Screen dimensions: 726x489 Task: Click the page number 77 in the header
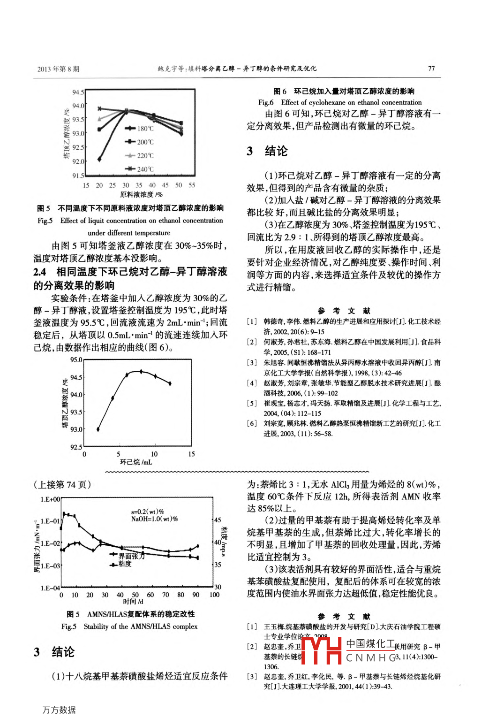pyautogui.click(x=431, y=69)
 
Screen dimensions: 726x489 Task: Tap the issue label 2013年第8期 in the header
pyautogui.click(x=59, y=69)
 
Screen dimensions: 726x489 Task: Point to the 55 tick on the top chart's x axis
pyautogui.click(x=192, y=185)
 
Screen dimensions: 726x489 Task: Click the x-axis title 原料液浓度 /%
pyautogui.click(x=141, y=194)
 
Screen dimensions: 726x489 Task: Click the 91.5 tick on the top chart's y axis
pyautogui.click(x=78, y=176)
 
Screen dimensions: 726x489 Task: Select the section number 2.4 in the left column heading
pyautogui.click(x=40, y=272)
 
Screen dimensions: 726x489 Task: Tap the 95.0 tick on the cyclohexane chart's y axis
pyautogui.click(x=76, y=360)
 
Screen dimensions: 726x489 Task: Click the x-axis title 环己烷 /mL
pyautogui.click(x=136, y=462)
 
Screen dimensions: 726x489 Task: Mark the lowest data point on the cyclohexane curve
pyautogui.click(x=98, y=429)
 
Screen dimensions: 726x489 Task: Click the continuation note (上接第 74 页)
pyautogui.click(x=62, y=485)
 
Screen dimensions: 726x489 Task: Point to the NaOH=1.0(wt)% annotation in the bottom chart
pyautogui.click(x=154, y=519)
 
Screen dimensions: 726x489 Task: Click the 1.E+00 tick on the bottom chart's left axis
pyautogui.click(x=50, y=499)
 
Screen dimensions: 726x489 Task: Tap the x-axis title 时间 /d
pyautogui.click(x=133, y=602)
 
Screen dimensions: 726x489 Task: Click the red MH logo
pyautogui.click(x=321, y=650)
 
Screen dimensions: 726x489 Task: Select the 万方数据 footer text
pyautogui.click(x=59, y=710)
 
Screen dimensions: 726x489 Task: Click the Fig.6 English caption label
pyautogui.click(x=266, y=102)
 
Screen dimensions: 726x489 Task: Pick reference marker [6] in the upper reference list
pyautogui.click(x=252, y=423)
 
